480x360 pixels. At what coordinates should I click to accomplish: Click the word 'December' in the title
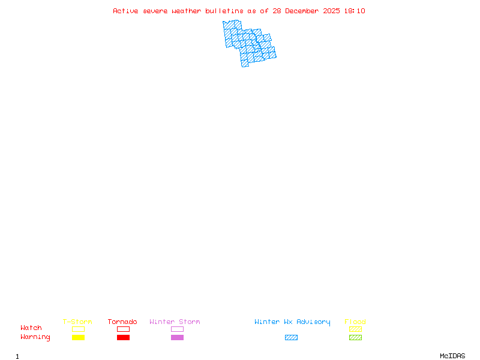point(302,11)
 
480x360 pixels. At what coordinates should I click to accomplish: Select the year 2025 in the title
point(331,11)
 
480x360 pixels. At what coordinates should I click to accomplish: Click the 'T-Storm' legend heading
point(77,322)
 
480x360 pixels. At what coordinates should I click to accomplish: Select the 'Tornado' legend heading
point(122,322)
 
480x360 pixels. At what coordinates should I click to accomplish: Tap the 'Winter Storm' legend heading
point(175,322)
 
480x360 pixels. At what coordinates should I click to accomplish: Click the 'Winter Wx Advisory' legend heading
point(292,322)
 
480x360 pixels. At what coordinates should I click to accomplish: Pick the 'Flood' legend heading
point(355,322)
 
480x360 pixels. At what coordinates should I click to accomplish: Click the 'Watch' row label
point(31,328)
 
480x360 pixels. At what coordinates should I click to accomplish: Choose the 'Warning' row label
point(35,337)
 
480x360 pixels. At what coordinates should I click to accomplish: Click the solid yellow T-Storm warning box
point(79,337)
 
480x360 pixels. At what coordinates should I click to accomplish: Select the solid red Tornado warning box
point(124,337)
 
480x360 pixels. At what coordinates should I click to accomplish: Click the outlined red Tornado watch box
point(124,326)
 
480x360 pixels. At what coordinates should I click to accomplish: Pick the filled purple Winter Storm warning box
point(177,337)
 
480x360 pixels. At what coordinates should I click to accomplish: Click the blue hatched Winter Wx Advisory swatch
point(291,337)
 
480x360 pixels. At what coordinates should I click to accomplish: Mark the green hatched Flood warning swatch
point(355,337)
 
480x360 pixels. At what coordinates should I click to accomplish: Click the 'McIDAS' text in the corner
point(452,356)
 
